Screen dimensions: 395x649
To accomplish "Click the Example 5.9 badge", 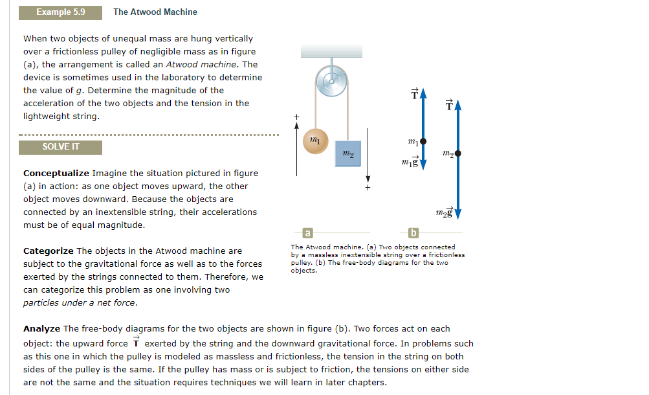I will pyautogui.click(x=60, y=12).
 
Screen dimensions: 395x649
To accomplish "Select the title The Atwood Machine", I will pyautogui.click(x=155, y=12).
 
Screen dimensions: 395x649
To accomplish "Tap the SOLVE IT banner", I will pyautogui.click(x=60, y=147).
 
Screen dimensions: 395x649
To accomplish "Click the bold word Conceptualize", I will pyautogui.click(x=56, y=174).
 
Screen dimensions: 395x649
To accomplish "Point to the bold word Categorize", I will pyautogui.click(x=49, y=251).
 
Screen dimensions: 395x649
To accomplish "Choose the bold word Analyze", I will pyautogui.click(x=41, y=329).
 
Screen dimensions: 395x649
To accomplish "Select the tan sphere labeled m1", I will pyautogui.click(x=315, y=141).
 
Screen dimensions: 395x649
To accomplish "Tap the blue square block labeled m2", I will pyautogui.click(x=347, y=153).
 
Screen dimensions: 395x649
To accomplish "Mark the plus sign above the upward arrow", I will pyautogui.click(x=297, y=116).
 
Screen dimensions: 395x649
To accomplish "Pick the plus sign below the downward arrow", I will pyautogui.click(x=368, y=188).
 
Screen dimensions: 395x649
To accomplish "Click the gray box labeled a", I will pyautogui.click(x=308, y=232).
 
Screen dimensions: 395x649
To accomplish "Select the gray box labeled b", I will pyautogui.click(x=414, y=232).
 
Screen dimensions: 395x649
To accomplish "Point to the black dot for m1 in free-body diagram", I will pyautogui.click(x=423, y=141).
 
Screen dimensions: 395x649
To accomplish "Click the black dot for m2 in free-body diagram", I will pyautogui.click(x=458, y=153).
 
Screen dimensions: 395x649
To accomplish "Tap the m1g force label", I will pyautogui.click(x=410, y=160).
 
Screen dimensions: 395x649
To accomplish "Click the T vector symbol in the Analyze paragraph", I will pyautogui.click(x=137, y=343).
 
